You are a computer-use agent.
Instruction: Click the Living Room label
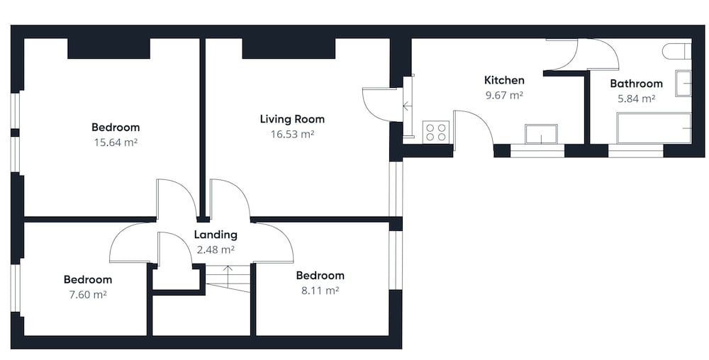(x=292, y=119)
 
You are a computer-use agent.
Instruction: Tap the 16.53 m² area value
(x=292, y=134)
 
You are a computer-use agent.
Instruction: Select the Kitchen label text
(x=504, y=80)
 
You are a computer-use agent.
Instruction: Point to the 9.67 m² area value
(x=504, y=95)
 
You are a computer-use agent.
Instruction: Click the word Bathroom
(x=636, y=84)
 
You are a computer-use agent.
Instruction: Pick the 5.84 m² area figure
(x=636, y=99)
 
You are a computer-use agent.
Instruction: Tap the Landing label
(x=216, y=235)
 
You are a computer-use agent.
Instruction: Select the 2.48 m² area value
(x=216, y=249)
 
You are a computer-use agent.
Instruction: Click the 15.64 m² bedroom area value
(x=116, y=142)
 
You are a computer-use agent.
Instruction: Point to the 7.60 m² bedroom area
(x=88, y=295)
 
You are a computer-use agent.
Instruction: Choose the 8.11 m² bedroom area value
(x=320, y=290)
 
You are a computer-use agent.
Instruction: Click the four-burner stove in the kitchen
(x=436, y=132)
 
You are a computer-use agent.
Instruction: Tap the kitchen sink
(x=541, y=134)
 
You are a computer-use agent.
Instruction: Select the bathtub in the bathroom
(x=654, y=128)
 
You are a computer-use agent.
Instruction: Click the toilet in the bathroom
(x=677, y=51)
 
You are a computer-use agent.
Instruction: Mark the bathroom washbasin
(x=683, y=83)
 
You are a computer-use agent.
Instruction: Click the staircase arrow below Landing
(x=228, y=274)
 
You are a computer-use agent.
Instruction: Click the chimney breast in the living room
(x=289, y=49)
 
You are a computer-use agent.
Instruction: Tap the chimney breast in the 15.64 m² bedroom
(x=108, y=49)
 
